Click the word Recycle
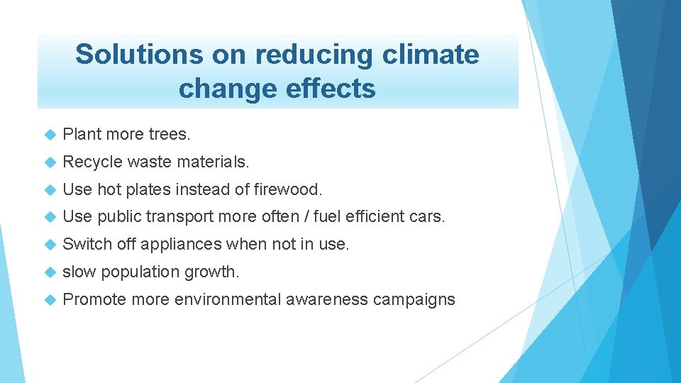click(x=92, y=162)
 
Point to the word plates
click(x=150, y=189)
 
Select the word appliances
click(x=181, y=244)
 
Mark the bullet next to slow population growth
click(x=49, y=272)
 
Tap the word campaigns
click(x=415, y=299)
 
